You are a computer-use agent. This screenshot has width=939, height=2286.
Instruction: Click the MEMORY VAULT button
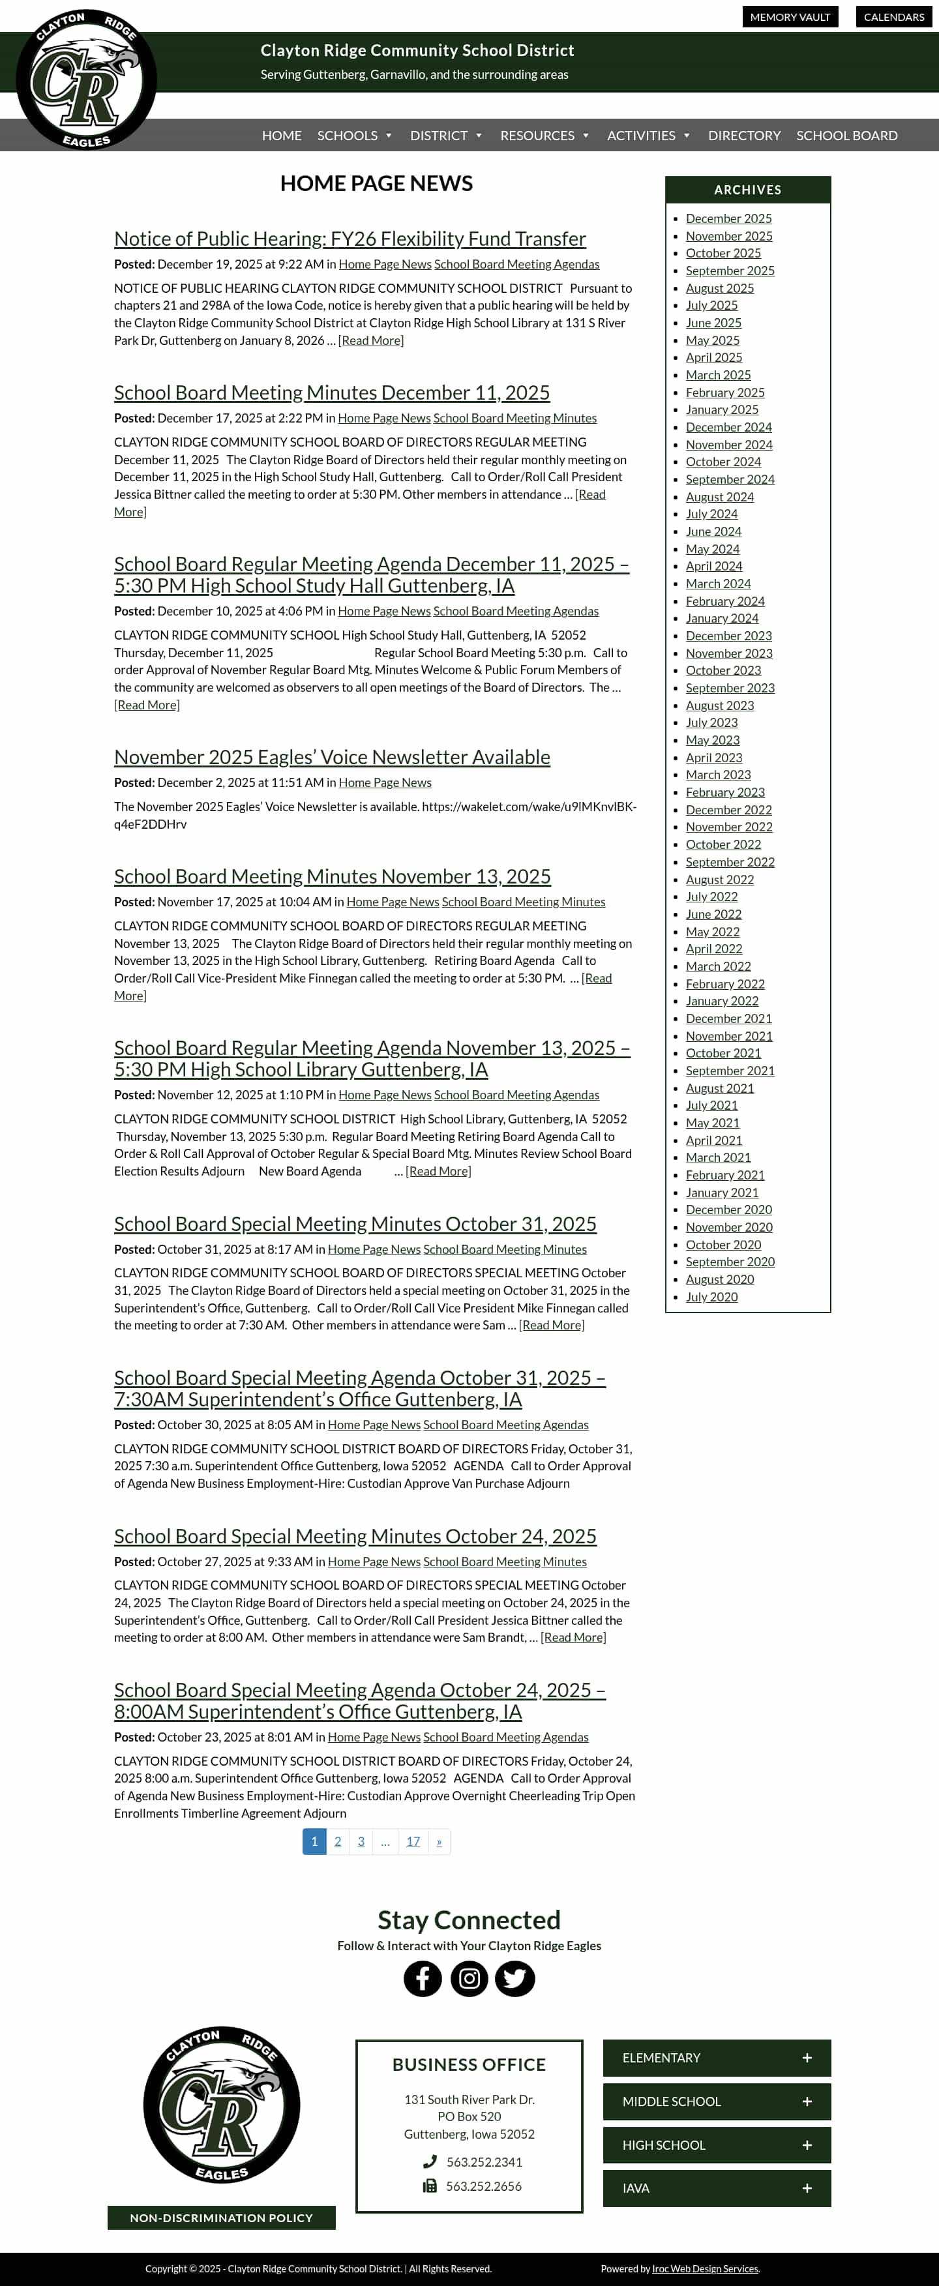coord(790,17)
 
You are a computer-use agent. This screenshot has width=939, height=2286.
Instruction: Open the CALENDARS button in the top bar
coord(894,17)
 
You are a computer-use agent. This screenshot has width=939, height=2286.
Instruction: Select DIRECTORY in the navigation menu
coord(744,136)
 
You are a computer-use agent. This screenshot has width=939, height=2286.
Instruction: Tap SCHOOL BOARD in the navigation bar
coord(846,136)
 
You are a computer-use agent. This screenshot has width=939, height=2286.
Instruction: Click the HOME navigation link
coord(281,136)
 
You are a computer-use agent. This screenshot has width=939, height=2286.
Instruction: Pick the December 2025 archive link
coord(728,218)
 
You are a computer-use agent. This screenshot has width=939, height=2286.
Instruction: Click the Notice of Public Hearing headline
coord(350,239)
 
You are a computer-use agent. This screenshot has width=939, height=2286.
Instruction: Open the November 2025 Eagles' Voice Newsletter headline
coord(332,757)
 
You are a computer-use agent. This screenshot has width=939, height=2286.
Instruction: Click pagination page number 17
coord(413,1841)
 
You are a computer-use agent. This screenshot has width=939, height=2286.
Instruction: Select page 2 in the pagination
coord(337,1841)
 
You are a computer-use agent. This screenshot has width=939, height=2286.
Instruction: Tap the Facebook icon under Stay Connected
coord(423,1978)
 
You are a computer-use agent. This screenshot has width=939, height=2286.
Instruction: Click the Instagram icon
coord(469,1978)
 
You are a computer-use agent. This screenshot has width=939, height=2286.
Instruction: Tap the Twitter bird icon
coord(514,1978)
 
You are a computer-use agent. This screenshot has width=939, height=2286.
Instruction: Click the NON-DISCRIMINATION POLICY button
coord(221,2218)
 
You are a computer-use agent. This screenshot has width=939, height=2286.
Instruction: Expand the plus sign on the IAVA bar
coord(807,2188)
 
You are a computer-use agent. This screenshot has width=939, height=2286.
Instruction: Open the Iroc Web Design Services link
coord(705,2268)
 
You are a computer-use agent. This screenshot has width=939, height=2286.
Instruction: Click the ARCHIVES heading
coord(747,190)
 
